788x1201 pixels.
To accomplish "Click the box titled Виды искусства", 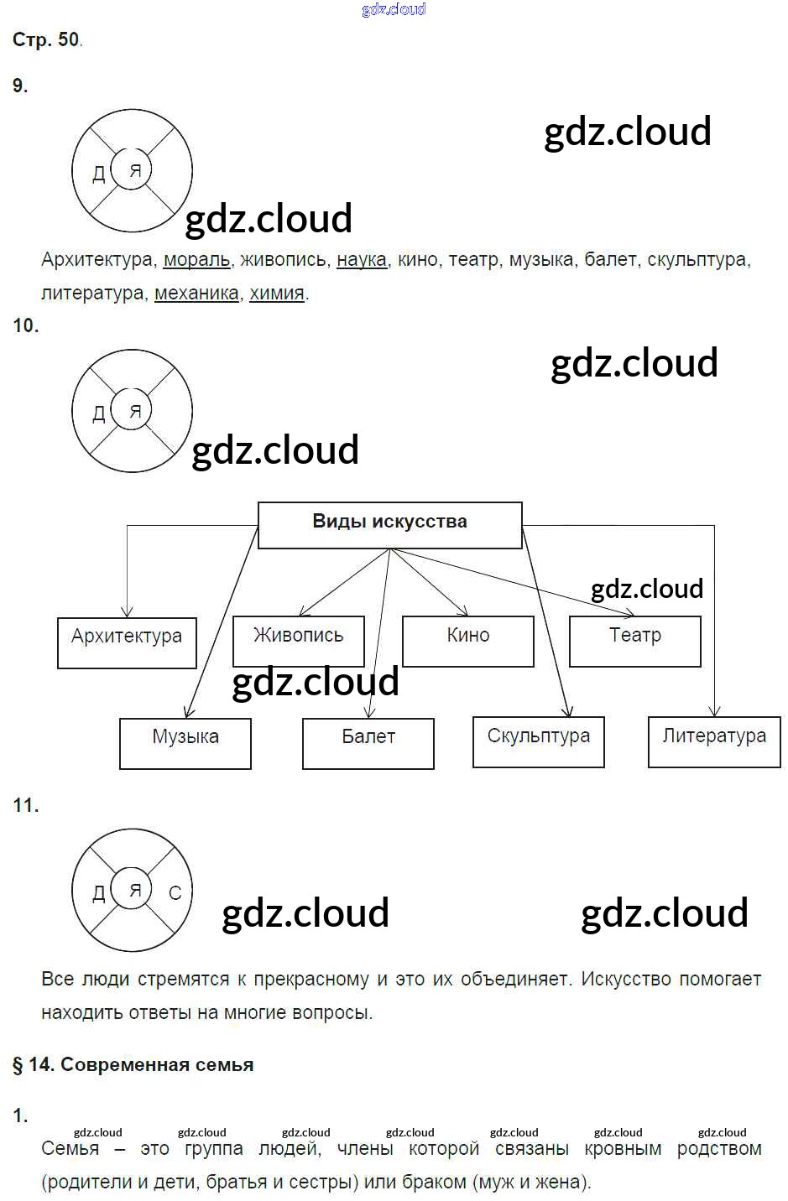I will pos(389,524).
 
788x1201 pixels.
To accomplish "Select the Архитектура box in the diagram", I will pos(127,642).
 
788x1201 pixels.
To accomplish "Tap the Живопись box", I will pos(299,640).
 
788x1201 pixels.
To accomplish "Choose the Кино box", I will pos(467,641).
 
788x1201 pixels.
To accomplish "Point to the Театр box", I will pos(634,641).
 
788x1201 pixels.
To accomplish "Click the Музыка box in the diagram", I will pos(185,742).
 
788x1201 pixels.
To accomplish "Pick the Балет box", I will pos(368,742).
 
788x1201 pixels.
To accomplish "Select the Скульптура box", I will pos(538,741).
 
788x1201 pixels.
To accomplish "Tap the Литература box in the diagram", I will pos(714,741).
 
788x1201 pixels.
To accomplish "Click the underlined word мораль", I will pos(196,260).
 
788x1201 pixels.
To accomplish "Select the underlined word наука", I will pos(362,260).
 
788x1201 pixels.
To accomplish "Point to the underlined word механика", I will pos(196,294).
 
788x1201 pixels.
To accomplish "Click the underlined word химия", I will pos(277,294).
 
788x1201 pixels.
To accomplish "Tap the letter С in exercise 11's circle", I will pos(175,894).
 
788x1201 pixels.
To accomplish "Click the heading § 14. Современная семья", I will pos(133,1065).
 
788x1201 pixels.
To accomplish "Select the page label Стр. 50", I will pos(46,39).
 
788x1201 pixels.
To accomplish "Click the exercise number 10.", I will pos(25,325).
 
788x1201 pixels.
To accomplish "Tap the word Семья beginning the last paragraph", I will pos(70,1149).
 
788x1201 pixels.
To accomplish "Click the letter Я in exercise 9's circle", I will pos(135,171).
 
